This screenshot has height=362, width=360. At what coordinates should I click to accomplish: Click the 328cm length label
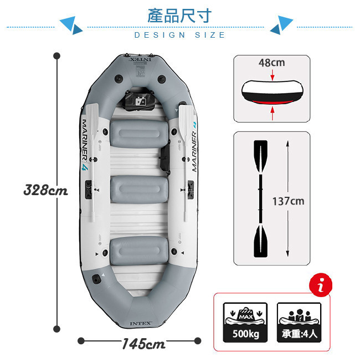[x=45, y=190]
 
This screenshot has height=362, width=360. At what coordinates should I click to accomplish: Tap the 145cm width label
[x=143, y=344]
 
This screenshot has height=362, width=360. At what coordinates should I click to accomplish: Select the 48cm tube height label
[x=272, y=63]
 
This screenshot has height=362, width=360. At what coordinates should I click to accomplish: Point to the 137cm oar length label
[x=288, y=201]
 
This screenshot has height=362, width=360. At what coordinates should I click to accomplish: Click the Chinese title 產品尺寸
[x=179, y=16]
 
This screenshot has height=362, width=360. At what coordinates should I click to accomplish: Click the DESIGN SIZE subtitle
[x=179, y=35]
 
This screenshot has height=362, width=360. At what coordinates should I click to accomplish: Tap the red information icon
[x=321, y=285]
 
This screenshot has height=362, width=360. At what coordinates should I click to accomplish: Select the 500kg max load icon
[x=245, y=322]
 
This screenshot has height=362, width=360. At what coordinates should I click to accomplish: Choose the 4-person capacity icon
[x=299, y=322]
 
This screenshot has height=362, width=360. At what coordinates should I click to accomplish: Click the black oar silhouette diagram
[x=261, y=198]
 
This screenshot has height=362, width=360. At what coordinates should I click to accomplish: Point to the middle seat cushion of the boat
[x=139, y=190]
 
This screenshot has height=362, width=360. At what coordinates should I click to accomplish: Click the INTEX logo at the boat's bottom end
[x=141, y=323]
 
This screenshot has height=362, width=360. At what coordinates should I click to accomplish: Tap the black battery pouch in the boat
[x=140, y=99]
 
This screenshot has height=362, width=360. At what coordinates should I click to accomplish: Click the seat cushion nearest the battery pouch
[x=139, y=134]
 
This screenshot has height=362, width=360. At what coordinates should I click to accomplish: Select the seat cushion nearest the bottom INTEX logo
[x=139, y=250]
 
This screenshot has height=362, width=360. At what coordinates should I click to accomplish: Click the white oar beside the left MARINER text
[x=92, y=162]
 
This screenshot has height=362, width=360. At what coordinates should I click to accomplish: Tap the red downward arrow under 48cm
[x=272, y=74]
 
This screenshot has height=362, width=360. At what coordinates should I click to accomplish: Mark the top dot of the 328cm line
[x=56, y=56]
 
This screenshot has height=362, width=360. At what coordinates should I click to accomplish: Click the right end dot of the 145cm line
[x=198, y=341]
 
